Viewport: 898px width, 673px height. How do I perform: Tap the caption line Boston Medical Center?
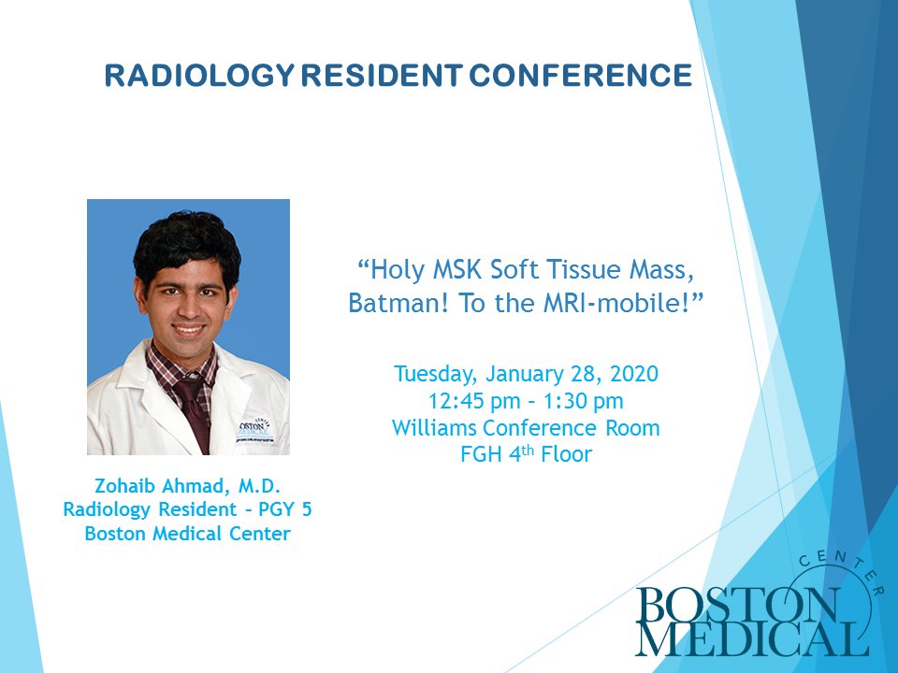coord(187,535)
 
